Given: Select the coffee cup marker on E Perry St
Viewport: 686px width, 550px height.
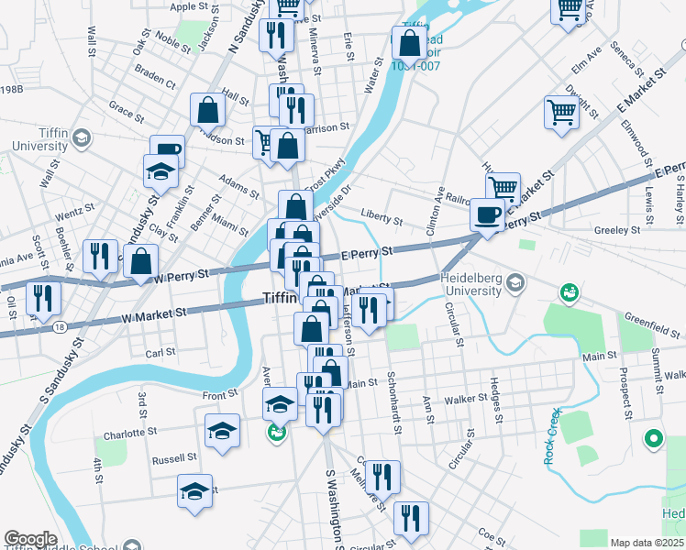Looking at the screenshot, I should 486,215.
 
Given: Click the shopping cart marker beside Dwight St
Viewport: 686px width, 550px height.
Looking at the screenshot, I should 561,114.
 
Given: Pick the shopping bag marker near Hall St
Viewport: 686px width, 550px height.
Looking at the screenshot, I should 209,110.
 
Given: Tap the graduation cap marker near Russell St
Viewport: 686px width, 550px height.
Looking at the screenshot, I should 194,491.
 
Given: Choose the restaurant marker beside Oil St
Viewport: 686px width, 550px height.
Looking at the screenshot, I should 43,297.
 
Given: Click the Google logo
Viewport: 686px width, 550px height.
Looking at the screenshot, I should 30,539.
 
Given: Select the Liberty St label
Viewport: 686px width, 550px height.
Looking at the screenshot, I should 382,219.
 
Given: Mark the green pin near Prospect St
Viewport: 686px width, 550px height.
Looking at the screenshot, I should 654,439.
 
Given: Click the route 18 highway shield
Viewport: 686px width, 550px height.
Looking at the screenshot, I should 60,325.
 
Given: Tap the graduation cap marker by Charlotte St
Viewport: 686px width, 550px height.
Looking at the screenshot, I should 222,431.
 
